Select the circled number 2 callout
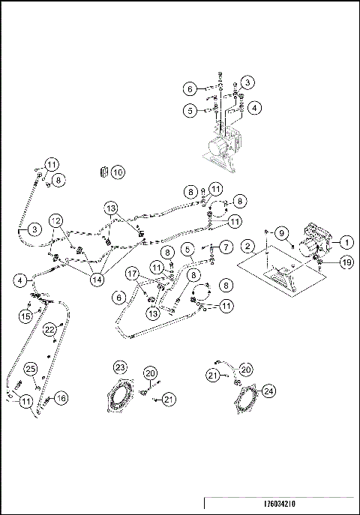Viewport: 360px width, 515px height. [x=247, y=247]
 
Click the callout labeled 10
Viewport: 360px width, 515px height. [x=118, y=172]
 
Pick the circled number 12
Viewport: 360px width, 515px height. [x=55, y=220]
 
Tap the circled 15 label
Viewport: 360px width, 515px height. [x=25, y=317]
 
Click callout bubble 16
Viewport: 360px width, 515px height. [x=61, y=398]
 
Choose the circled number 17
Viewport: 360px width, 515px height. [x=132, y=273]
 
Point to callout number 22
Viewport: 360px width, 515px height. [x=49, y=329]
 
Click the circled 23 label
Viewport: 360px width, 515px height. [x=120, y=367]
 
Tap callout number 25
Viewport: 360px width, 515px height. [x=31, y=368]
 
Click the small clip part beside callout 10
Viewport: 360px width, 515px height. [x=103, y=172]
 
